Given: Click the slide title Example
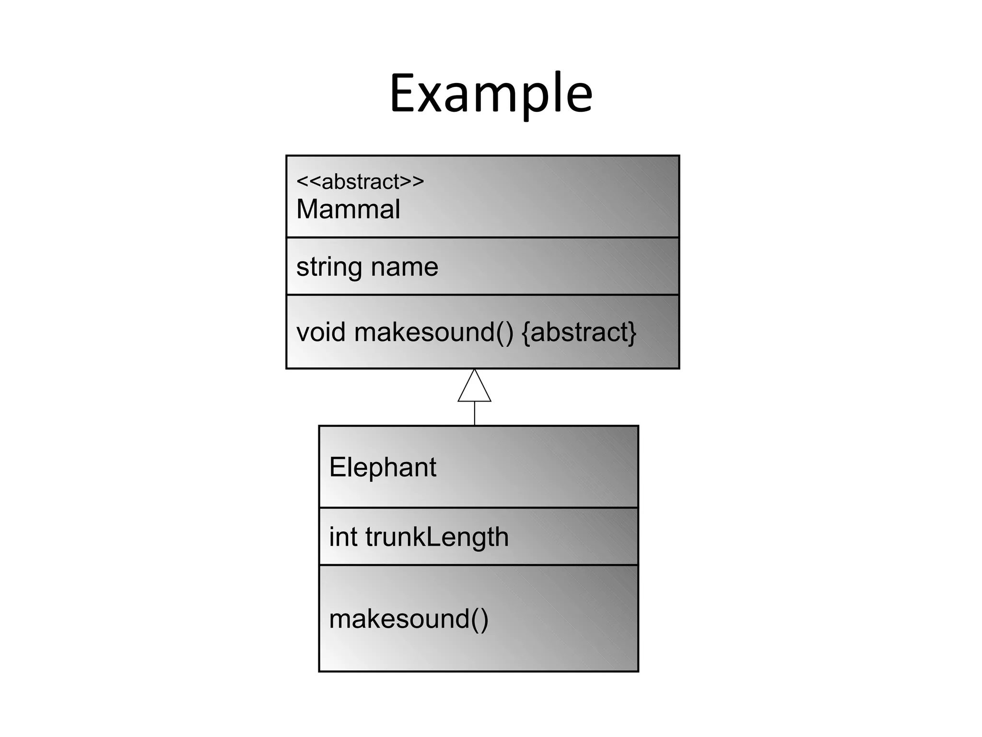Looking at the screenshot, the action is (x=491, y=94).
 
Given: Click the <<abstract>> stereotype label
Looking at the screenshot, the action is (x=360, y=182).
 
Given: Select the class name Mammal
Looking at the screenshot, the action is (x=348, y=209).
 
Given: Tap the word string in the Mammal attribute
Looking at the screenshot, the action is (x=328, y=267).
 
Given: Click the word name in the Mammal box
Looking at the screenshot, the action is (x=404, y=267).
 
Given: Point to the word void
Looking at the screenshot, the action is (x=321, y=332).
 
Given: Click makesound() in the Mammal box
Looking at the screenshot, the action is (x=433, y=332).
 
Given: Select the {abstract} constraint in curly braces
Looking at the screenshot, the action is (x=579, y=332).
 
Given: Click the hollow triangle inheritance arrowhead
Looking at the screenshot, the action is (x=474, y=388).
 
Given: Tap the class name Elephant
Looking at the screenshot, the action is (x=383, y=467).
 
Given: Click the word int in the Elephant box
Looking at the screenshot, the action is (x=343, y=536).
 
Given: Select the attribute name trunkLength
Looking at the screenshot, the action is (x=437, y=536).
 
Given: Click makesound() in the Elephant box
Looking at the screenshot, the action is (x=409, y=618).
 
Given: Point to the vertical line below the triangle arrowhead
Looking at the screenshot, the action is (x=475, y=413).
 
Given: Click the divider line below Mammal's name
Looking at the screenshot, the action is (x=482, y=237).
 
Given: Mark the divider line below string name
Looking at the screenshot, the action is (x=482, y=295).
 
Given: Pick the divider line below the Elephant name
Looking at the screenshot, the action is (x=479, y=507).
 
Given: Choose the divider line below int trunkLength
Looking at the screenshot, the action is (x=479, y=565).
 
